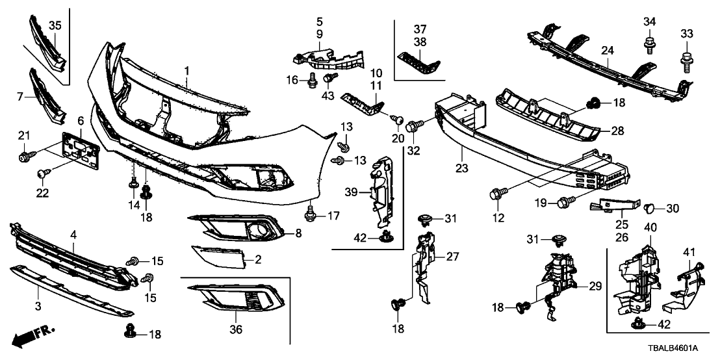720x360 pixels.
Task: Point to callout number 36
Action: click(x=236, y=330)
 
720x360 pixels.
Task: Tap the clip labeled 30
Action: click(x=649, y=208)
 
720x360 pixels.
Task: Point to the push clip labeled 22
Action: click(x=43, y=172)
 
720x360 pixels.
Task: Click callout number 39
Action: click(x=351, y=192)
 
